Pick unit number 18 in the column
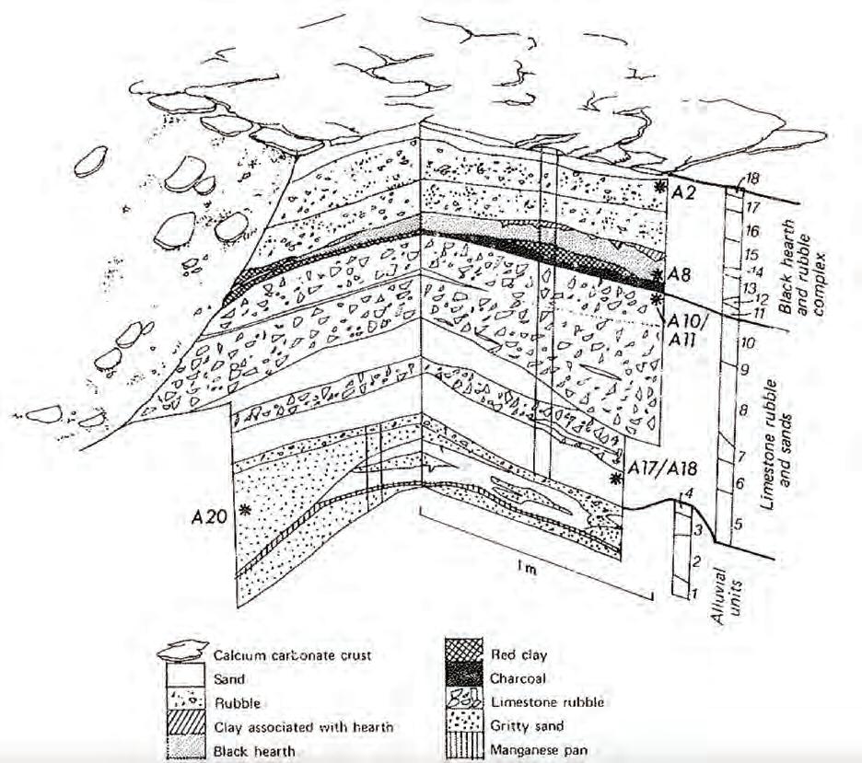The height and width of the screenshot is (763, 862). pos(752,179)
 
